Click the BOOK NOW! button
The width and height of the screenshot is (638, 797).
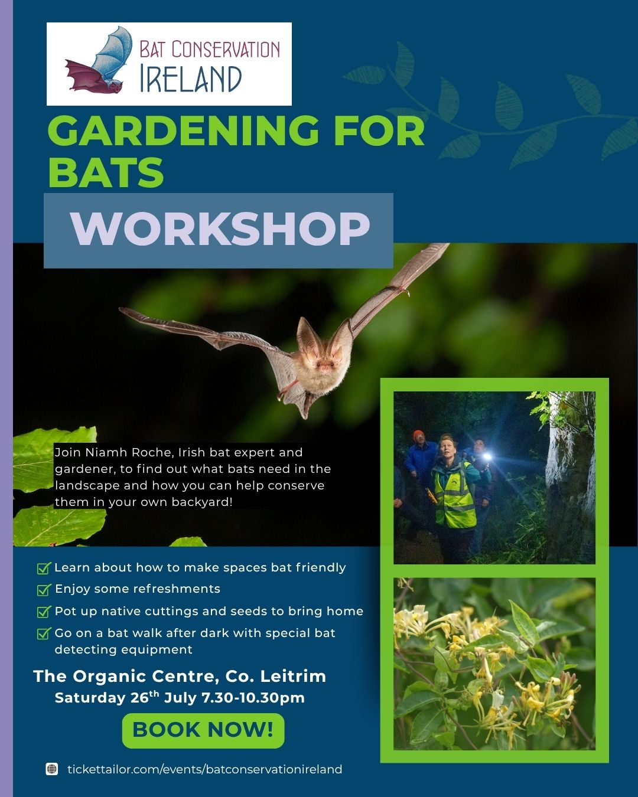[x=203, y=730]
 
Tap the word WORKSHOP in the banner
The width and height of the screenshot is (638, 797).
[x=220, y=228]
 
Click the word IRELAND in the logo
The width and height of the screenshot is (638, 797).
[x=191, y=79]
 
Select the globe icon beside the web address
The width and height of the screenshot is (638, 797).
[x=52, y=769]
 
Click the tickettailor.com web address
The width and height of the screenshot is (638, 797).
[x=204, y=769]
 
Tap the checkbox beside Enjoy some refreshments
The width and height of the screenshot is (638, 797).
[x=44, y=589]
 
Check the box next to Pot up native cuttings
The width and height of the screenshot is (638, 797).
[x=44, y=611]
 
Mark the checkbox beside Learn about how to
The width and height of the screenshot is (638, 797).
[x=44, y=567]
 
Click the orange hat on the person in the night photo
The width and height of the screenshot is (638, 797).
[x=418, y=435]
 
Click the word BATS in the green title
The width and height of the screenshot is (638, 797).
[x=106, y=172]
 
